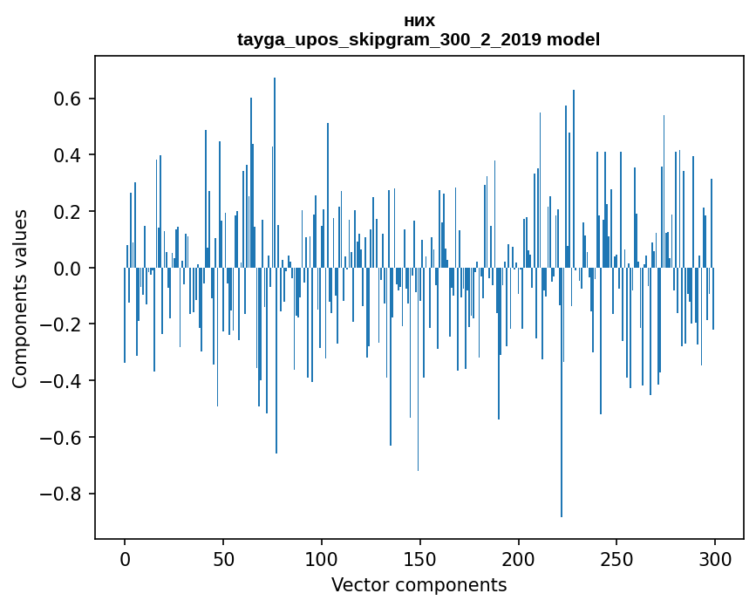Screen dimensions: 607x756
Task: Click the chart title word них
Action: (419, 21)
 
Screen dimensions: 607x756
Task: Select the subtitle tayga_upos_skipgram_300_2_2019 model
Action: (419, 39)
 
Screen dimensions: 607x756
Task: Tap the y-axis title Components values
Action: (20, 298)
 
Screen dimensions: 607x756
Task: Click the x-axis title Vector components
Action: (419, 585)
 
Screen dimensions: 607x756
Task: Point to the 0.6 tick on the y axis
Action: (68, 99)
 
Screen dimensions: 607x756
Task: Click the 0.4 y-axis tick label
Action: (68, 155)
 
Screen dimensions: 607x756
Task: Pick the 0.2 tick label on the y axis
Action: (68, 212)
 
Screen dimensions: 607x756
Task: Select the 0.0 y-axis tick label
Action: (68, 269)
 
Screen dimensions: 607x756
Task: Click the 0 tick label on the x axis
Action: (125, 558)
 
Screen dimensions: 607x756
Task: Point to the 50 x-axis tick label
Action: (223, 558)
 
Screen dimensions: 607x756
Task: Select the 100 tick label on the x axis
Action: (322, 558)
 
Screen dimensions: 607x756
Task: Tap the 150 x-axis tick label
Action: (420, 558)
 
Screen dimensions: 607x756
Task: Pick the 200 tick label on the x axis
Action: (519, 558)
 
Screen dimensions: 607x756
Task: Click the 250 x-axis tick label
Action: (617, 558)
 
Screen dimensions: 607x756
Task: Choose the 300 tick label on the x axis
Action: (715, 558)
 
